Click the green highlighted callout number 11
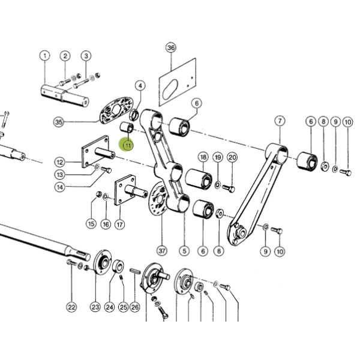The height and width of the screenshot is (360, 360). click(x=128, y=145)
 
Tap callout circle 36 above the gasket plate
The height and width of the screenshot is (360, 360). click(x=170, y=48)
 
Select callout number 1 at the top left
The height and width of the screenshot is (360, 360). click(x=45, y=56)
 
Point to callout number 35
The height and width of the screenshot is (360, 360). click(x=59, y=122)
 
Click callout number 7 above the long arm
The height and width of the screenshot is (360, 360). click(x=280, y=121)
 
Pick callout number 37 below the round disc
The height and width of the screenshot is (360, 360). click(x=162, y=250)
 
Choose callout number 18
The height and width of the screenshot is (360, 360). click(x=203, y=157)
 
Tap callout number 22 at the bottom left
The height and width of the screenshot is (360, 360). click(x=71, y=307)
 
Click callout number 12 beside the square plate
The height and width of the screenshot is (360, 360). click(x=59, y=163)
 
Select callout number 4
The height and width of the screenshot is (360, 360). click(x=140, y=86)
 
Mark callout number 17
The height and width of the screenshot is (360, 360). click(x=119, y=224)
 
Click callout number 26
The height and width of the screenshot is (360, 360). click(x=134, y=307)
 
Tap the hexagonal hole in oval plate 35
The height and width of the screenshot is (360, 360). click(x=116, y=109)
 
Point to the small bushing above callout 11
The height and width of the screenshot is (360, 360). click(x=127, y=127)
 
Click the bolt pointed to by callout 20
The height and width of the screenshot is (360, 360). click(x=229, y=188)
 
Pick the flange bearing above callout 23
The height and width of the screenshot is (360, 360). click(x=103, y=262)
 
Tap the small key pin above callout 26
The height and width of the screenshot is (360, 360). click(x=135, y=271)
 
